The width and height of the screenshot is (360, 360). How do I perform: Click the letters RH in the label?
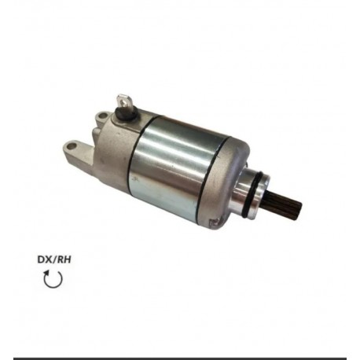[x=64, y=259]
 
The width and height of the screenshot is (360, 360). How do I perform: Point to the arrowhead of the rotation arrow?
[x=47, y=274]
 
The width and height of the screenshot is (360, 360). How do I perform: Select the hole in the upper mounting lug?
[x=102, y=116]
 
